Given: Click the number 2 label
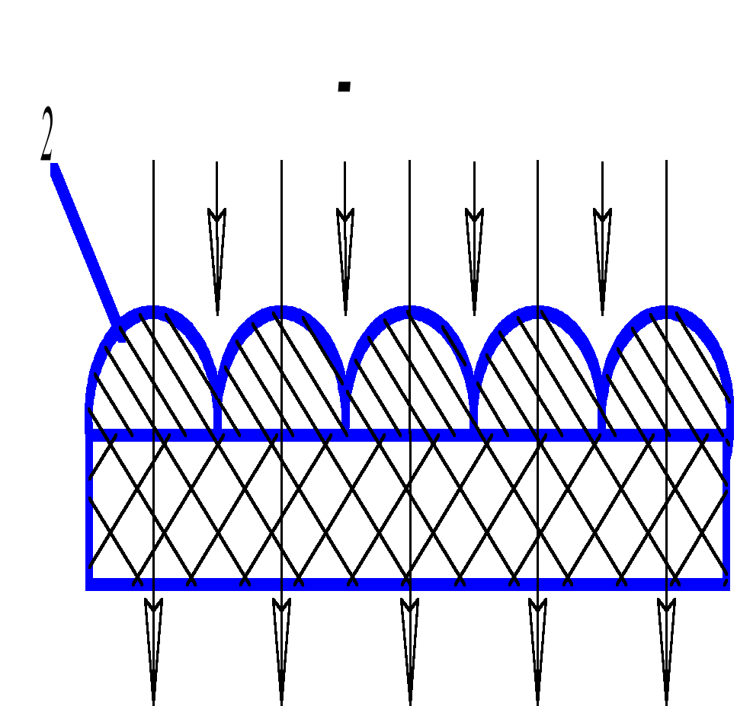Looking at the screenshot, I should point(47,135).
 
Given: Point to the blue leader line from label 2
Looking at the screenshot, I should point(85,251).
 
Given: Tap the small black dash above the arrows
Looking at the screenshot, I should point(344,87).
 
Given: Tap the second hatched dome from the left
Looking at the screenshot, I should point(282,373).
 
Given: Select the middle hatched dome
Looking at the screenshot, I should point(410,373).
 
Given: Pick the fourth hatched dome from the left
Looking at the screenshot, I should point(538,373).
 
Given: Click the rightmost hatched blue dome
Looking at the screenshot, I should point(666,373).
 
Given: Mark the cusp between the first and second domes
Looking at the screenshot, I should point(218,388).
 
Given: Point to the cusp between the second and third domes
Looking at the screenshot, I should point(346,388).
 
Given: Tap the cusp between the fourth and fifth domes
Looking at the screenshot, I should point(602,388).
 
